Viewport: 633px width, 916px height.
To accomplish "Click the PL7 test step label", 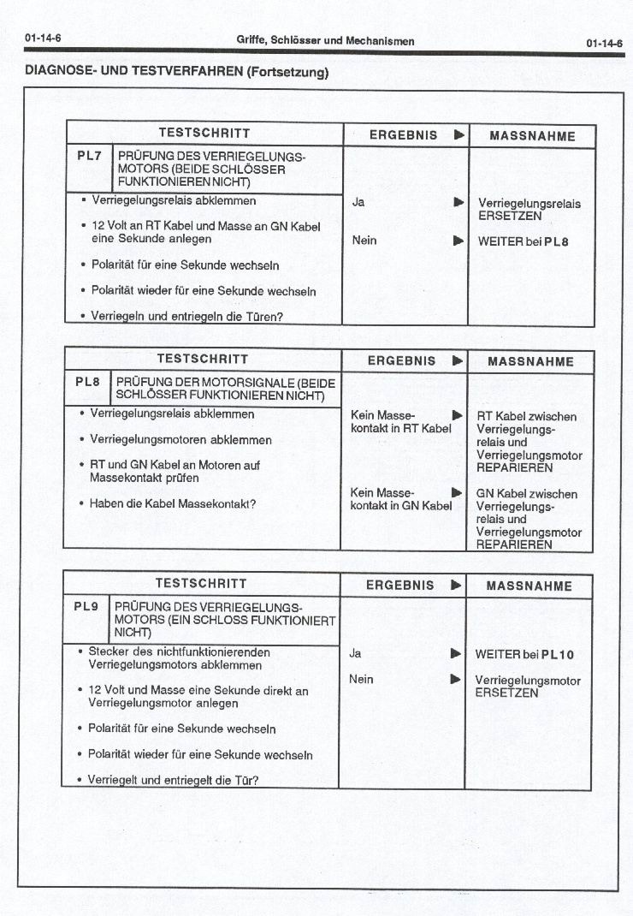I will click(x=87, y=156).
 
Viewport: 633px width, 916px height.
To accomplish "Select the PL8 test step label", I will click(x=87, y=382).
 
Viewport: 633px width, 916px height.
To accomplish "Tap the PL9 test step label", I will click(x=86, y=606).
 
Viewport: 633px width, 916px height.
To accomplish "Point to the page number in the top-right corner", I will click(x=604, y=43).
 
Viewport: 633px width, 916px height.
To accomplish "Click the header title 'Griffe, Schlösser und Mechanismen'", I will click(x=325, y=41).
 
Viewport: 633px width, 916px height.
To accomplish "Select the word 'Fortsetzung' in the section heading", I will click(x=286, y=73).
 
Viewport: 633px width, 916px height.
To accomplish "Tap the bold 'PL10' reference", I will click(x=558, y=655).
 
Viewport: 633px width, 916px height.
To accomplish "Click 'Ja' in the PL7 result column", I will click(x=358, y=203).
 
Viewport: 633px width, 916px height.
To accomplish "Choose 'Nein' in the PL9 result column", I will click(x=362, y=679).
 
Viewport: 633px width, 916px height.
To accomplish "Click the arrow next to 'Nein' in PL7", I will click(x=458, y=241).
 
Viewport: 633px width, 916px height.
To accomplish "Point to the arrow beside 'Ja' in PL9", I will click(x=456, y=654).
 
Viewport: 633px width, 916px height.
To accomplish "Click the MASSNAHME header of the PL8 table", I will click(x=530, y=362).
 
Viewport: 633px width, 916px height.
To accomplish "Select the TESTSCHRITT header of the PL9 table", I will click(x=201, y=584).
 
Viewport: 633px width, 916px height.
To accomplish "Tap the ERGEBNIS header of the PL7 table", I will click(x=403, y=135).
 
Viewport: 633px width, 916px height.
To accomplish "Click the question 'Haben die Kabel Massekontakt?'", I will click(x=172, y=503).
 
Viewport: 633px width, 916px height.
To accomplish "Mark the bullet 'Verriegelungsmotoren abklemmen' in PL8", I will click(x=180, y=440).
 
